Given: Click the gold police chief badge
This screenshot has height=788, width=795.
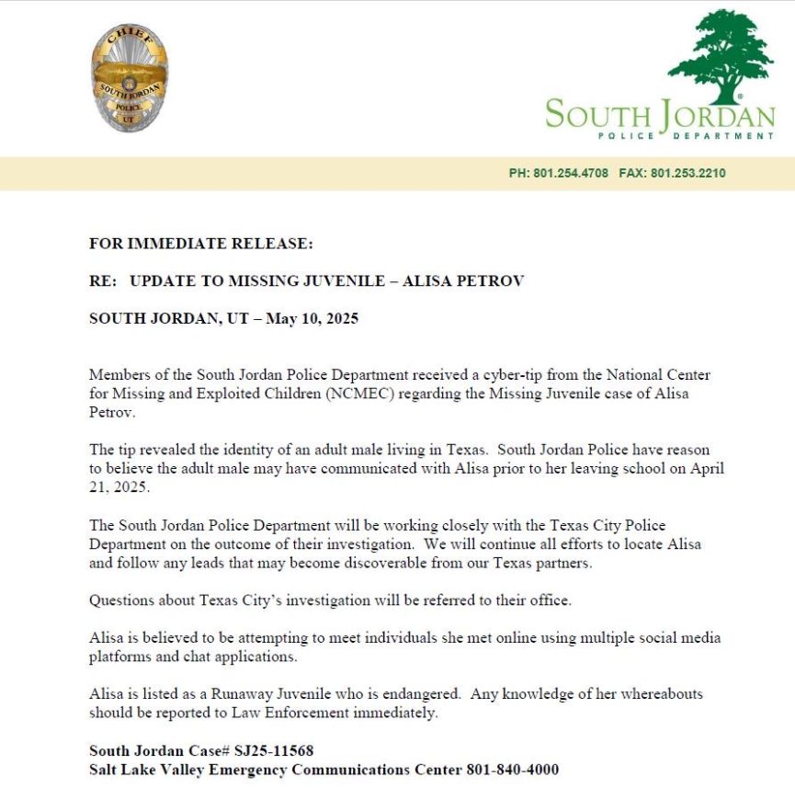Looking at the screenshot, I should (130, 77).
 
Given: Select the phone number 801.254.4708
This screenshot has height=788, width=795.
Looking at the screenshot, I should (570, 173).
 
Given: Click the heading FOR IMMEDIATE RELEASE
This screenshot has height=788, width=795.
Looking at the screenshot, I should (201, 244).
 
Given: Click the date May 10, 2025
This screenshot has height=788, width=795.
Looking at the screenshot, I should (312, 319).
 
